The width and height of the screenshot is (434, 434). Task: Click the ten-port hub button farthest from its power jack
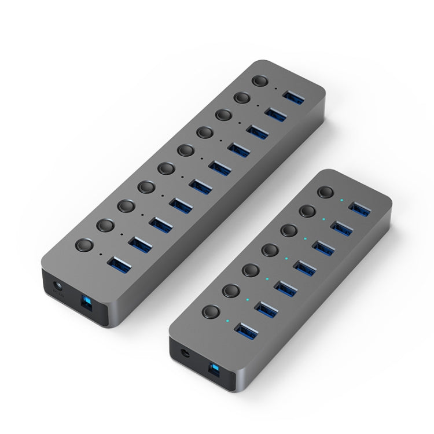261,82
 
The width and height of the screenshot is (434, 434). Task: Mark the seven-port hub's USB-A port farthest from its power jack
360,207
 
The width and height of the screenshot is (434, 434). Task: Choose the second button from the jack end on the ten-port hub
104,225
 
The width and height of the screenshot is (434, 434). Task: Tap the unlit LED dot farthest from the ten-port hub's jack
276,88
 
